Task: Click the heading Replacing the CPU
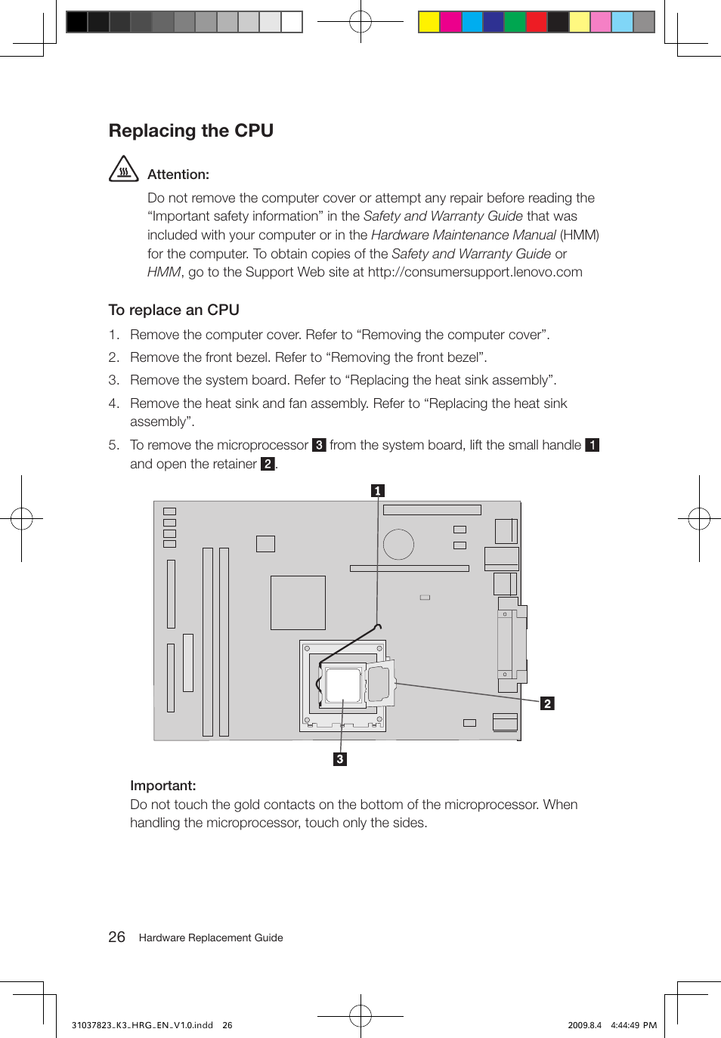point(190,131)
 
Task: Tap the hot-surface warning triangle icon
point(124,169)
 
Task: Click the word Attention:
point(178,175)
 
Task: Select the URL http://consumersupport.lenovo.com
point(475,272)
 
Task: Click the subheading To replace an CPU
point(174,310)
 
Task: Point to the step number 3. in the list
point(114,380)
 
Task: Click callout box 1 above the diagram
point(378,491)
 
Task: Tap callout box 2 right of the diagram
point(547,703)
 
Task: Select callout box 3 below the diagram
point(340,759)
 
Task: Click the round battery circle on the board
point(398,544)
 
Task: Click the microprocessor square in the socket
point(343,684)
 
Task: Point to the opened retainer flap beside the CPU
point(379,683)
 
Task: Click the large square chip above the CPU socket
point(298,602)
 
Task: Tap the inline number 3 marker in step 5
point(319,445)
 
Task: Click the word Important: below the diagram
point(162,786)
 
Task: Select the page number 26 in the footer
point(116,937)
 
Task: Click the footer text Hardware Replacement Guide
point(211,938)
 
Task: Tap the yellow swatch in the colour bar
point(429,22)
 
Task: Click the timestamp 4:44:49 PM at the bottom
point(633,1025)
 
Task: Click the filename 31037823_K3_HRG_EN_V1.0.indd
point(142,1025)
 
